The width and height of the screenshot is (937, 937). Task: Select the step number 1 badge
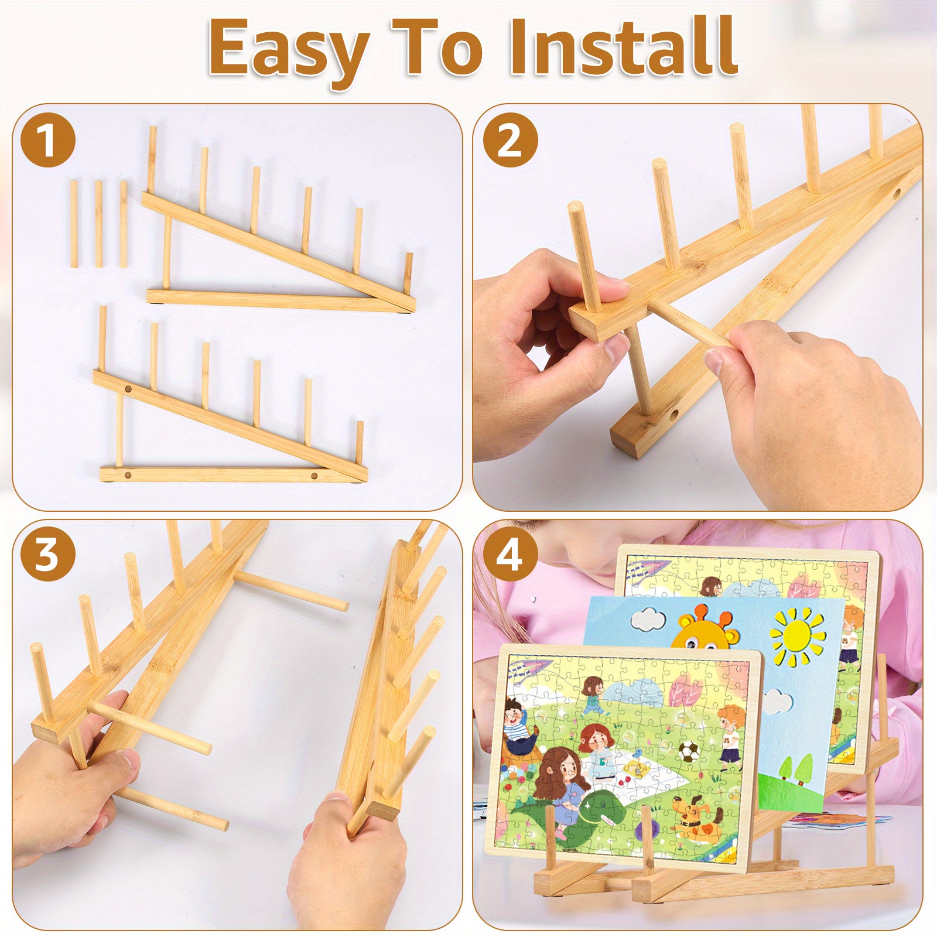[x=48, y=141]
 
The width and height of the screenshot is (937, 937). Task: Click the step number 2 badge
[x=509, y=140]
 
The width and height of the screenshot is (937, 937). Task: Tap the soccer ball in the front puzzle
[x=687, y=750]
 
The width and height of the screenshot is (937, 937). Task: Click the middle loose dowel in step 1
[x=98, y=224]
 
